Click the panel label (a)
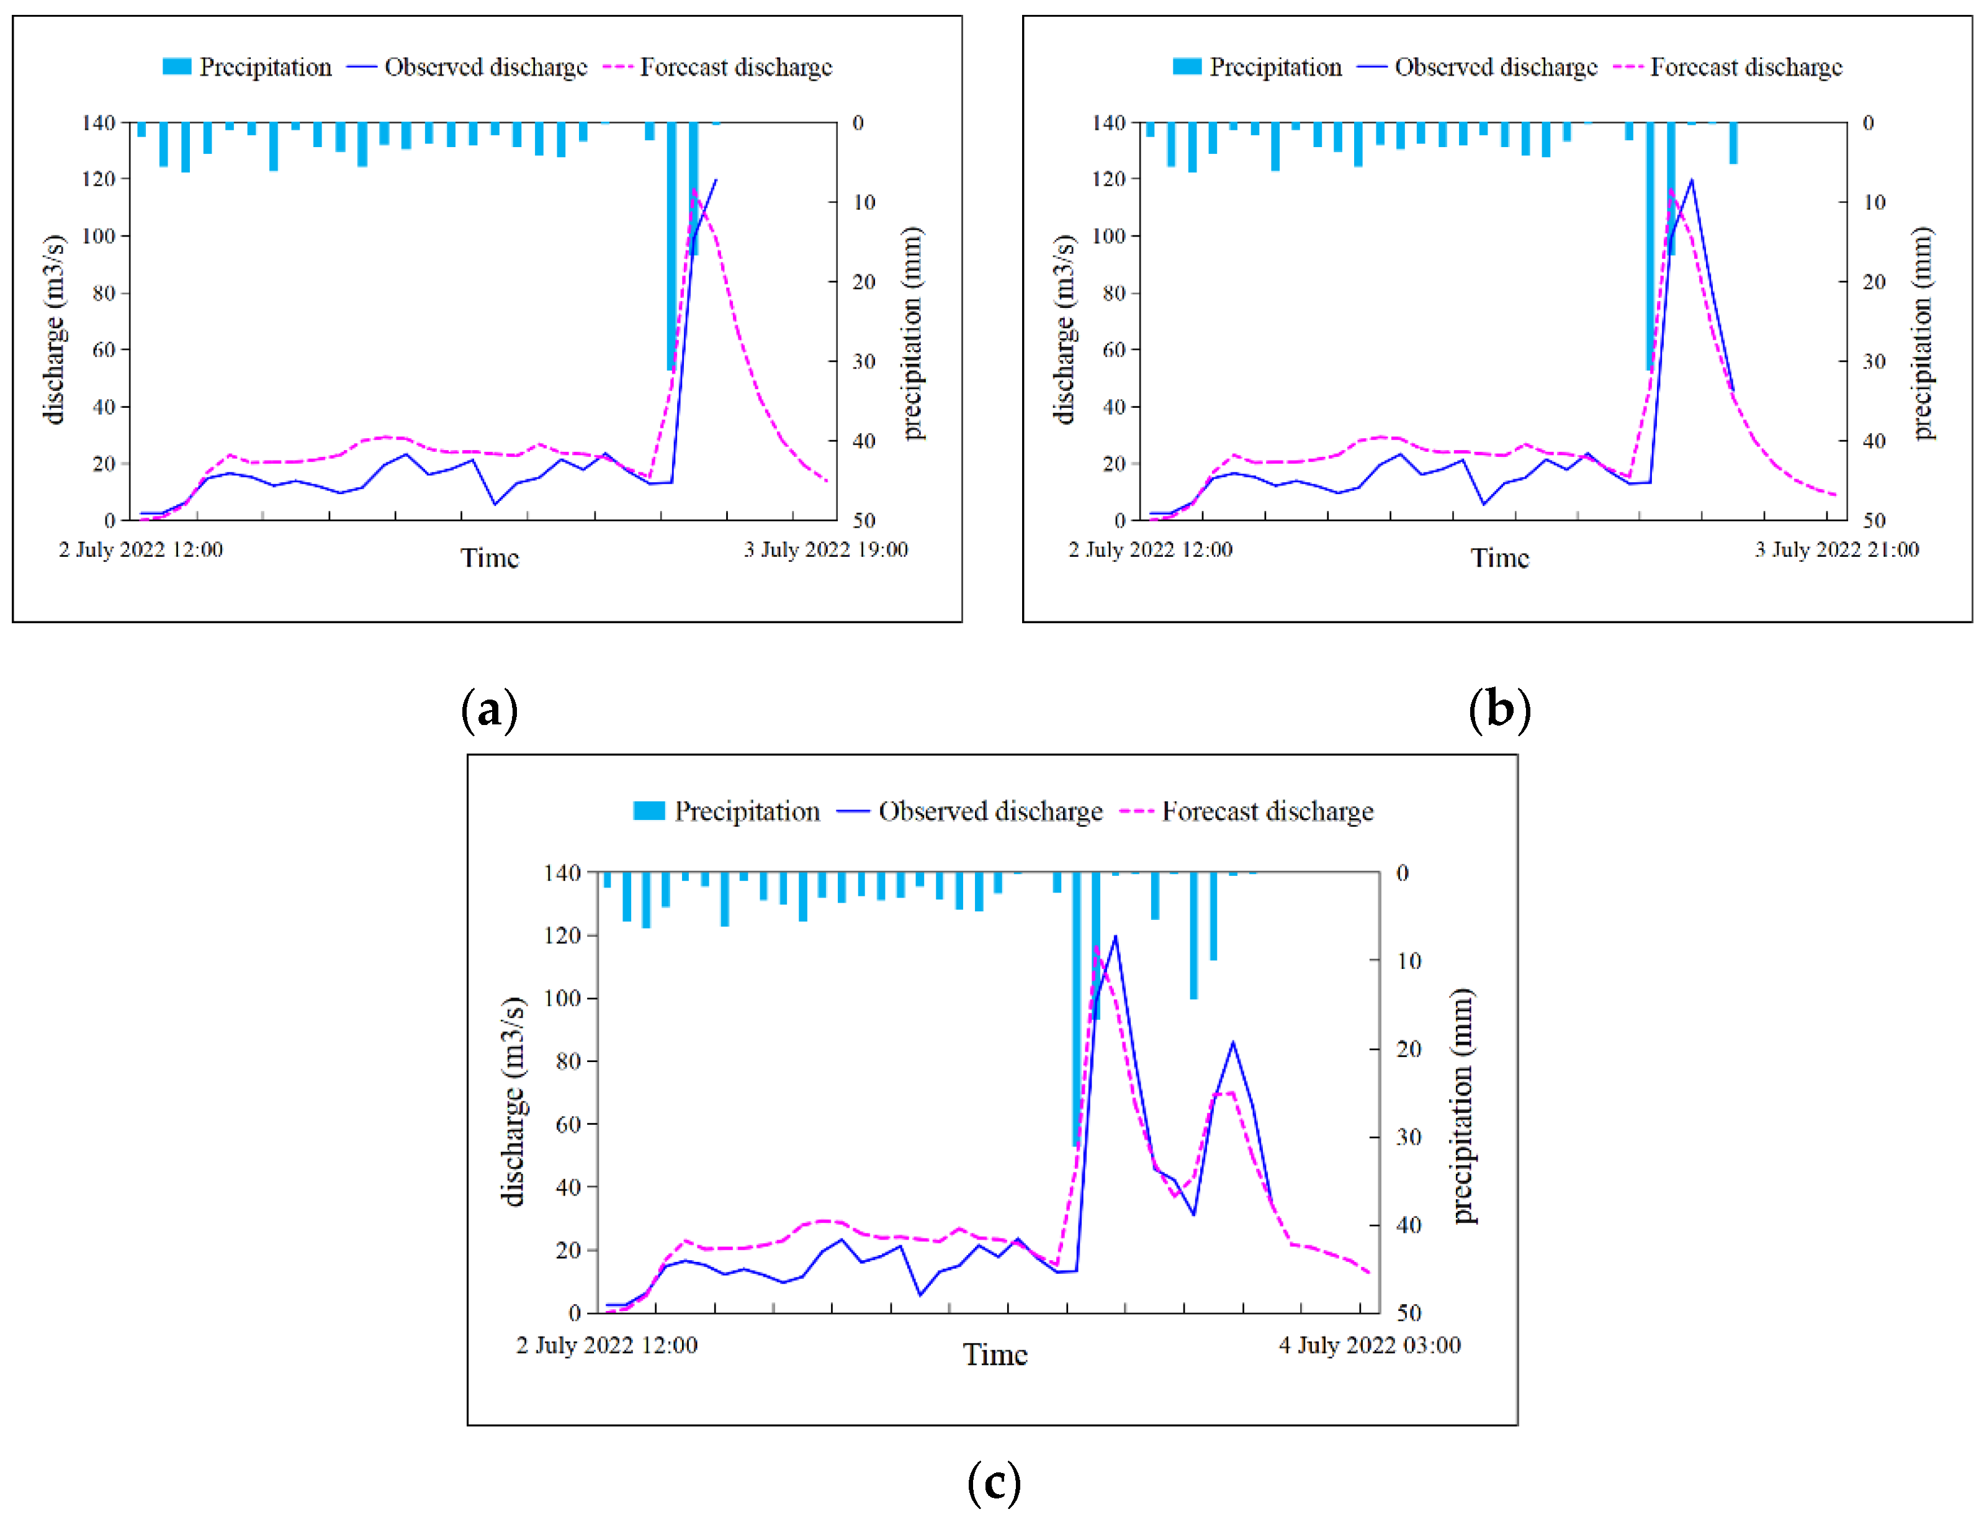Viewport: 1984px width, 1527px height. click(489, 709)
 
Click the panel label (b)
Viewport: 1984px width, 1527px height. click(1499, 709)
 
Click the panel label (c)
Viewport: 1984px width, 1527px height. click(994, 1482)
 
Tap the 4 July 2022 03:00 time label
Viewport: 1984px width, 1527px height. click(1369, 1345)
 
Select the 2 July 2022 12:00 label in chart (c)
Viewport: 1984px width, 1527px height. click(607, 1345)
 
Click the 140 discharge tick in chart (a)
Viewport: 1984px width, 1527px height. click(98, 123)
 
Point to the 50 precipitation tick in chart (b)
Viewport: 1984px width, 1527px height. click(1874, 521)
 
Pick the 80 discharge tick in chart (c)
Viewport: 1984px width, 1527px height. click(568, 1061)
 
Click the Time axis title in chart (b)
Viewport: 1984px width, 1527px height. click(1499, 558)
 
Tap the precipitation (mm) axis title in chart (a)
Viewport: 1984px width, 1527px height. click(913, 333)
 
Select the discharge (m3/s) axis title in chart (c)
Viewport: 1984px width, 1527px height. click(513, 1101)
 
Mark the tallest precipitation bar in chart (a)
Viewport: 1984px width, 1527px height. click(671, 245)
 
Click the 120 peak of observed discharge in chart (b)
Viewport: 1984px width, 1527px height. click(1690, 180)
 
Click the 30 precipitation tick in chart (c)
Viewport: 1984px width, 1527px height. click(1408, 1137)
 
